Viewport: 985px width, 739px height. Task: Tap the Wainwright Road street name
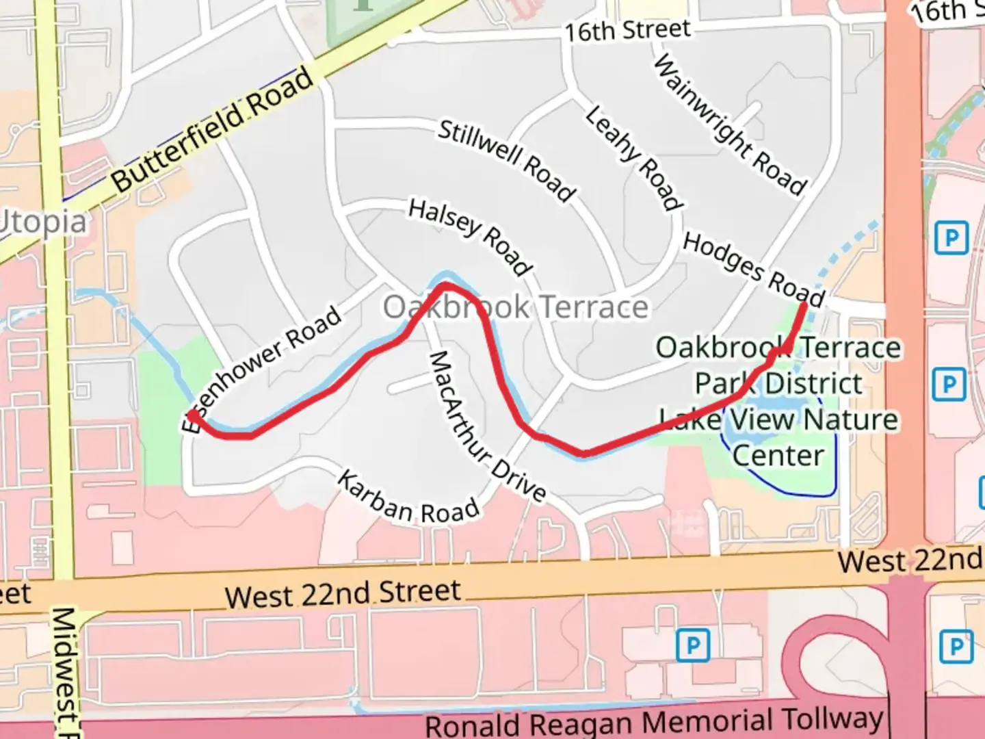(730, 125)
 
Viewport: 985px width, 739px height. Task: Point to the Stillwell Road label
(506, 161)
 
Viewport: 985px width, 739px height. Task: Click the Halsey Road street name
(470, 237)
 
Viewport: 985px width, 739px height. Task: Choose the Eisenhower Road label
(262, 369)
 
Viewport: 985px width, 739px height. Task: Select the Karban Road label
(408, 500)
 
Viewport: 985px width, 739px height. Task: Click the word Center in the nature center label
(778, 455)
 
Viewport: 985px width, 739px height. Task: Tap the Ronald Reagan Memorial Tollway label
(654, 721)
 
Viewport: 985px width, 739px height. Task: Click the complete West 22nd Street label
(343, 593)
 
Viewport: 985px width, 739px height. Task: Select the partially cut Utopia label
(42, 223)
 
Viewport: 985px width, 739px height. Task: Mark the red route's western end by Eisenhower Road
(194, 415)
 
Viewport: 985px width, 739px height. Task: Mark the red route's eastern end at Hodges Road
(803, 305)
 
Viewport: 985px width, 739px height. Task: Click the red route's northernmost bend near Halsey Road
(445, 285)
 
